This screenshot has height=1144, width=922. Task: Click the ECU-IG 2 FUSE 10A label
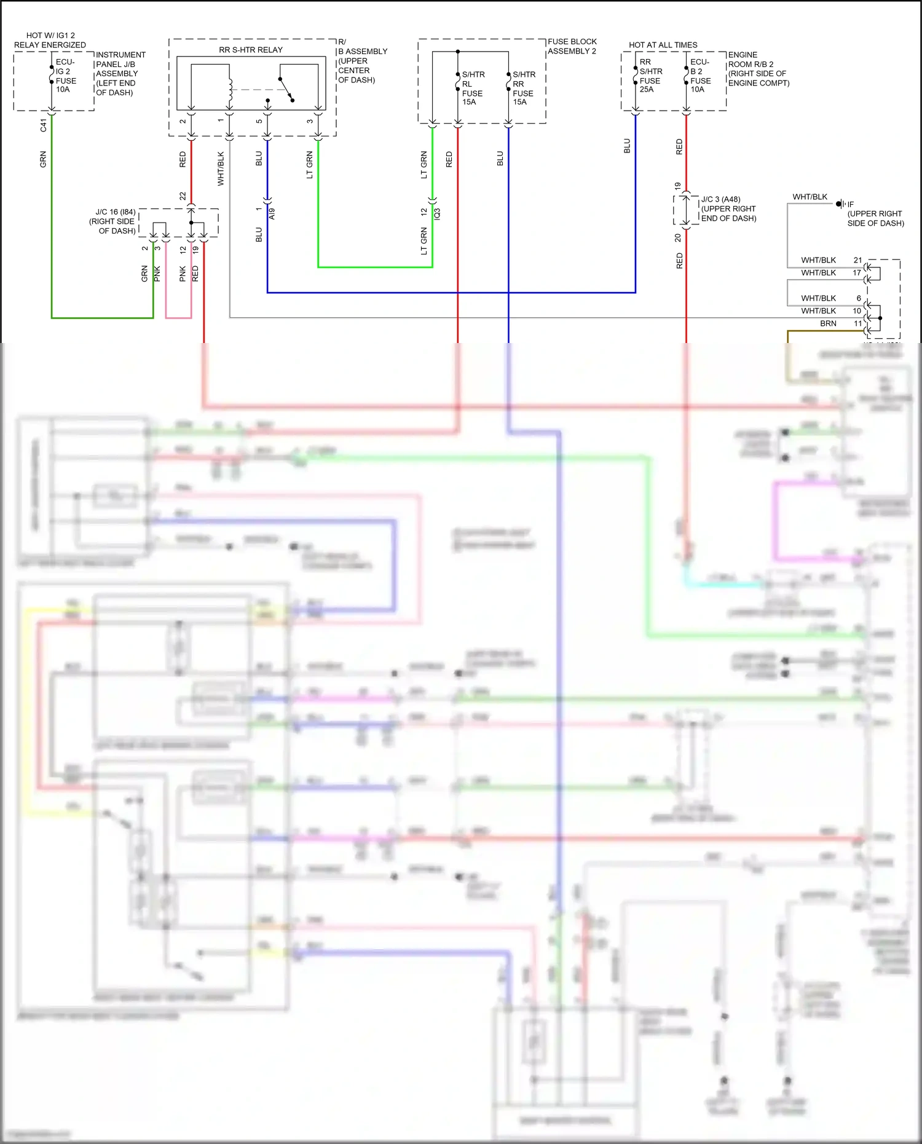pos(65,76)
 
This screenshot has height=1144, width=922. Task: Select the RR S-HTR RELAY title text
pos(251,50)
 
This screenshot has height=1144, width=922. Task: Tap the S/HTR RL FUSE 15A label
pos(473,88)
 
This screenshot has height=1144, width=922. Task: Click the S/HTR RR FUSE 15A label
pos(524,88)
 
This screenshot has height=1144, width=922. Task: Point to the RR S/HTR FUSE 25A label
pos(650,76)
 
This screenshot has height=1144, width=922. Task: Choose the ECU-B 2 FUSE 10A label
pos(700,76)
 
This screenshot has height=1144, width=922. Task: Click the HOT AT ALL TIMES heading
pos(663,45)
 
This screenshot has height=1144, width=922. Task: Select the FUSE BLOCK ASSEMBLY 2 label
pos(572,46)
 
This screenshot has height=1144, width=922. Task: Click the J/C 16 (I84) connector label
pos(115,221)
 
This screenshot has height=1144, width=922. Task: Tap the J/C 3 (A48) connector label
pos(728,208)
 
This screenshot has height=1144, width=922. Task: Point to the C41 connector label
pos(43,125)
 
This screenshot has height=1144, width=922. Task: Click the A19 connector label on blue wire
pos(272,213)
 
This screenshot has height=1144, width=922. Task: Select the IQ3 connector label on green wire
pos(437,213)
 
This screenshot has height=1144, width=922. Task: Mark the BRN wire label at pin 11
pos(827,323)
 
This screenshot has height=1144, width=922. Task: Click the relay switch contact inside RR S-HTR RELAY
pos(286,90)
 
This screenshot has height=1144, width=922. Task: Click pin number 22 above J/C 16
pos(183,196)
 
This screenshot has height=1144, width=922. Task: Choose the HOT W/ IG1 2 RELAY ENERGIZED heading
pos(50,40)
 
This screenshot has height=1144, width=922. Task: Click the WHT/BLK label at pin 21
pos(818,260)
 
